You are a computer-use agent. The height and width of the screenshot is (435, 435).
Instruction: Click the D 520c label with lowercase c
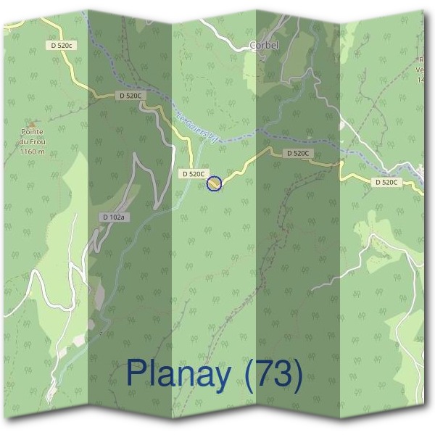pos(62,45)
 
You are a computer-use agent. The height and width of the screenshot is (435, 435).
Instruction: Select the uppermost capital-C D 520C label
pos(132,95)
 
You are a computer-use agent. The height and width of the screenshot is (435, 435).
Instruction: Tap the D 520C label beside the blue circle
pos(194,174)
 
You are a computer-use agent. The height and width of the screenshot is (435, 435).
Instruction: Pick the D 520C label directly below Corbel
pos(298,154)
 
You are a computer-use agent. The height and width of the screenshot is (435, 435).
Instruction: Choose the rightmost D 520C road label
pos(387,182)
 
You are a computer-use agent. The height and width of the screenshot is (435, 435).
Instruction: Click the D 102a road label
pos(115,217)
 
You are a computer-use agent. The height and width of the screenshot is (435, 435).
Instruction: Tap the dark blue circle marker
pos(214,183)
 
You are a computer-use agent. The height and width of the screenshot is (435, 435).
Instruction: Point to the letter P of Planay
pos(136,373)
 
